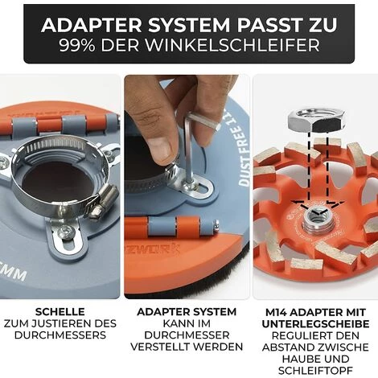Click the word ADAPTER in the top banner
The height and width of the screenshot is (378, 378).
coord(92,25)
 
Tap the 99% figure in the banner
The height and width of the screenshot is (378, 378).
coord(77,45)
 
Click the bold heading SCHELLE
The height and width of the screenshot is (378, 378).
coord(60,312)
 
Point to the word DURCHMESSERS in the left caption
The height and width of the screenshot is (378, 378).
coord(60,335)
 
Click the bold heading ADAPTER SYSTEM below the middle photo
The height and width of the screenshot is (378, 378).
coord(187,312)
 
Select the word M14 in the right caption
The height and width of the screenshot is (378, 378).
coord(276,312)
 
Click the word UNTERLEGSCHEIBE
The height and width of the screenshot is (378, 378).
coord(315,324)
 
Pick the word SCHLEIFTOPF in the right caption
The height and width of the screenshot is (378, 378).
coord(315,371)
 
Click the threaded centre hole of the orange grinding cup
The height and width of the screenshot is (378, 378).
coord(318,216)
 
